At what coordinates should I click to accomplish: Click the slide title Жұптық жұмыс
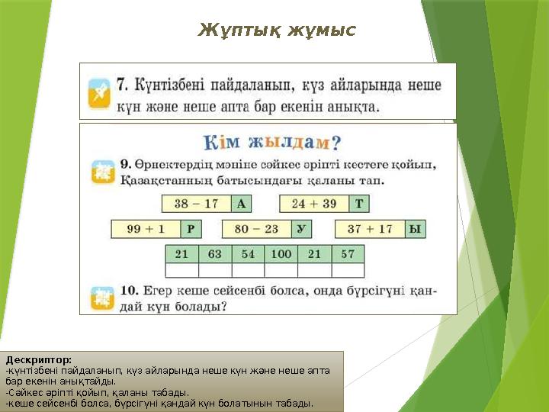point(277,31)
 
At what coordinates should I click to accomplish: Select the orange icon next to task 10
point(101,298)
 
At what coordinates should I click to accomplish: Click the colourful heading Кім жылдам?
point(271,143)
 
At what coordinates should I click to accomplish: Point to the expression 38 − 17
point(196,204)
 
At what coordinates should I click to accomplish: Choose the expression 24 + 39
point(314,204)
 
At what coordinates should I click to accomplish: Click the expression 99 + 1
point(145,229)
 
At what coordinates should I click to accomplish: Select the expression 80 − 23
point(256,229)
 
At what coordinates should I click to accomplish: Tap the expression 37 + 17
point(369,229)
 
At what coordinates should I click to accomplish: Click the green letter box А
point(241,204)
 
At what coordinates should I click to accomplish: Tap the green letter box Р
point(191,229)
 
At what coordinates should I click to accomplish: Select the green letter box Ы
point(414,229)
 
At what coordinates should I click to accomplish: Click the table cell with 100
point(281,254)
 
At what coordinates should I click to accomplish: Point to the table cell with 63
point(215,254)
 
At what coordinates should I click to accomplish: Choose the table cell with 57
point(348,254)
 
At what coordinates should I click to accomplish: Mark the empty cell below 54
point(248,270)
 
